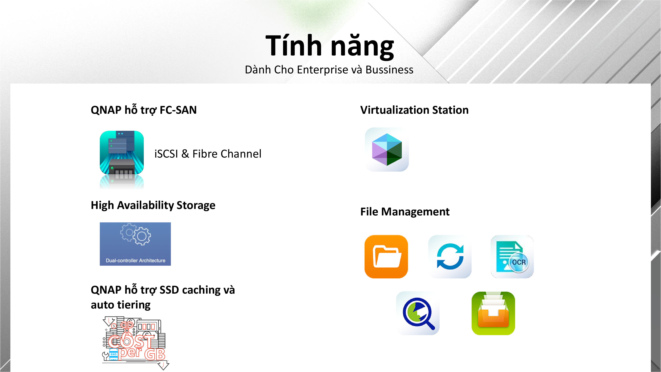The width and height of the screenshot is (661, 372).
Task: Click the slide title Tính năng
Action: pos(330,46)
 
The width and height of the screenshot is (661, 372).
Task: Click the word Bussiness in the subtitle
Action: pos(389,70)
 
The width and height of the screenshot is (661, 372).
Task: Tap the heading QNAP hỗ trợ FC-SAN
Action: pos(144,110)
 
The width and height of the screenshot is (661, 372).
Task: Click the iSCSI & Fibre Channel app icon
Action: pos(122,153)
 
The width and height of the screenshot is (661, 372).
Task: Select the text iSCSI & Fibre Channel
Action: pos(208,154)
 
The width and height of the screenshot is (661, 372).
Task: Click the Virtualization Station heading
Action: pos(414,110)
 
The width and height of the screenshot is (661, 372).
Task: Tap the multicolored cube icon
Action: pos(387,150)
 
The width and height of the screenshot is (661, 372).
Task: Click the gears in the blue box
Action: pos(136,234)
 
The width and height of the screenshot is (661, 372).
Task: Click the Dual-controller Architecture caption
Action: pos(136,261)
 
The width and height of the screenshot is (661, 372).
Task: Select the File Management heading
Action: pos(405,212)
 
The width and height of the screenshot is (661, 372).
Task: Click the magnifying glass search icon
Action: pos(418,313)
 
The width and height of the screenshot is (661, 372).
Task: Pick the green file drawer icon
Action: pos(493,313)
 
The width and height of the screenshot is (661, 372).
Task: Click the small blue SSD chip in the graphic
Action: pos(113,354)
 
